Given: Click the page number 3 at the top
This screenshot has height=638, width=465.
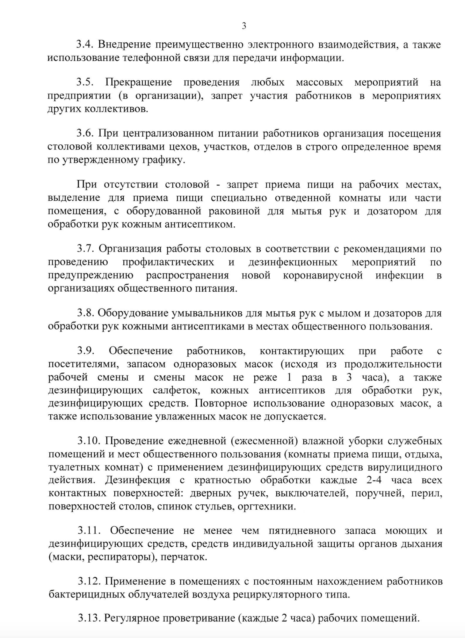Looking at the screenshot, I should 244,26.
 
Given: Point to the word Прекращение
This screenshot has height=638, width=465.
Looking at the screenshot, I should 138,83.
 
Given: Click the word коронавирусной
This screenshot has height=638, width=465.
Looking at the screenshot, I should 323,275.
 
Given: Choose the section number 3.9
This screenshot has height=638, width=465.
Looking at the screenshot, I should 85,351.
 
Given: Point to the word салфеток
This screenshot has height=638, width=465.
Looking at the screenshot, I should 178,390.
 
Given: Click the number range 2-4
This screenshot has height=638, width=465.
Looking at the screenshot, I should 374,480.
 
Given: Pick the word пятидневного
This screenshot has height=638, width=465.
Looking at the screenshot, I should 302,531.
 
